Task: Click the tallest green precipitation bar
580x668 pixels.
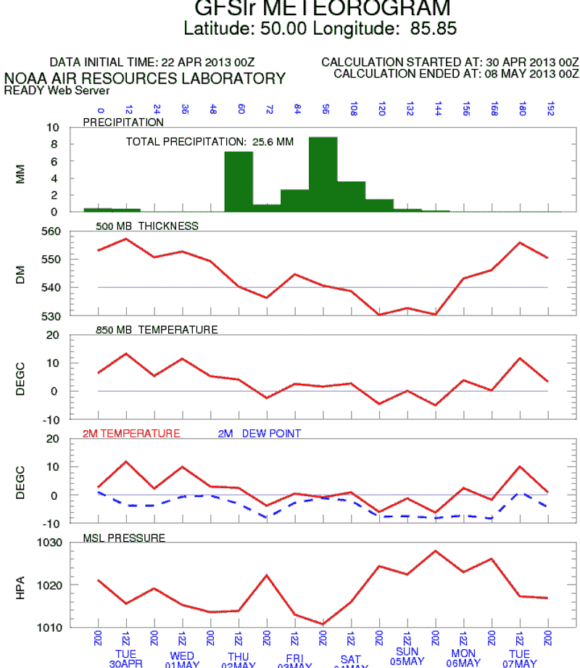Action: [323, 174]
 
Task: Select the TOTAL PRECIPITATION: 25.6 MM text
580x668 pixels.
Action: [210, 142]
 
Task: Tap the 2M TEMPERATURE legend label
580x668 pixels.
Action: [130, 434]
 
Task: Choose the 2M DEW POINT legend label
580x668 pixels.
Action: [259, 434]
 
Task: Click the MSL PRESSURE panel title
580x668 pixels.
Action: [124, 538]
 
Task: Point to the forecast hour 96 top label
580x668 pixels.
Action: [325, 110]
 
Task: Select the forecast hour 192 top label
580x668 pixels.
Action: [550, 110]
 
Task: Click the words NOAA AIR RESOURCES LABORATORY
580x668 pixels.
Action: [145, 78]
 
